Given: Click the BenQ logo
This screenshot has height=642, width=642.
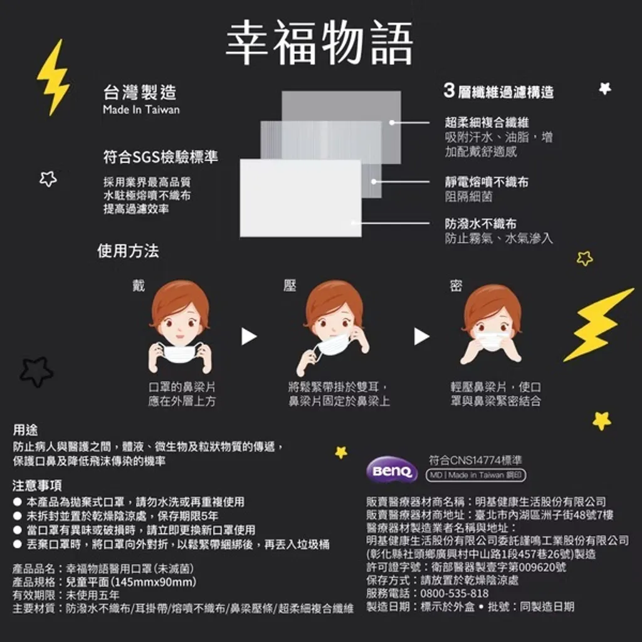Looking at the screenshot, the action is pyautogui.click(x=391, y=470).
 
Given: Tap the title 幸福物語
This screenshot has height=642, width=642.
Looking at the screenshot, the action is pyautogui.click(x=319, y=43).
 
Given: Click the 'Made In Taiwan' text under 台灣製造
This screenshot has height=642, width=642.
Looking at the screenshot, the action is pyautogui.click(x=141, y=109).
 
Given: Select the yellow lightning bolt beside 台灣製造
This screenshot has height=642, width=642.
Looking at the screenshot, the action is pyautogui.click(x=54, y=77).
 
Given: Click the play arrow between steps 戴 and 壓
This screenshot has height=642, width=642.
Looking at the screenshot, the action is pyautogui.click(x=248, y=337).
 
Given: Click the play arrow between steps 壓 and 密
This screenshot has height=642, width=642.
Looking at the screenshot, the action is pyautogui.click(x=421, y=337).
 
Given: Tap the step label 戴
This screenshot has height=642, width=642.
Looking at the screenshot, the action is pyautogui.click(x=139, y=285).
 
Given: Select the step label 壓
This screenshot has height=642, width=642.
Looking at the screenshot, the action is pyautogui.click(x=290, y=285).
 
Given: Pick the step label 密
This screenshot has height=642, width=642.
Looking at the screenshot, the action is pyautogui.click(x=456, y=285).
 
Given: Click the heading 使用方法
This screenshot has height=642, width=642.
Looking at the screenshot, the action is pyautogui.click(x=128, y=251).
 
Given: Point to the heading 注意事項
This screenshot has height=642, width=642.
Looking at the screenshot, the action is pyautogui.click(x=37, y=485).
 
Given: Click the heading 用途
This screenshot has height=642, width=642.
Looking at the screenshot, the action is pyautogui.click(x=25, y=430).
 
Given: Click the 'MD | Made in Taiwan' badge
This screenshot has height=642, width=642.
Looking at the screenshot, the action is pyautogui.click(x=476, y=475).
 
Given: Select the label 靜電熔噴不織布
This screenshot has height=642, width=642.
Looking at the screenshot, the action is pyautogui.click(x=487, y=182).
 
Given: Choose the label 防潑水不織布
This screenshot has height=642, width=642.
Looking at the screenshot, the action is pyautogui.click(x=481, y=224).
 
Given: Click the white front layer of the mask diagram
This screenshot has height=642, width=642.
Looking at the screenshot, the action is pyautogui.click(x=300, y=198).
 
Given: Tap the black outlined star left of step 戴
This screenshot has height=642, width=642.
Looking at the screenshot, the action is pyautogui.click(x=36, y=371).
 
